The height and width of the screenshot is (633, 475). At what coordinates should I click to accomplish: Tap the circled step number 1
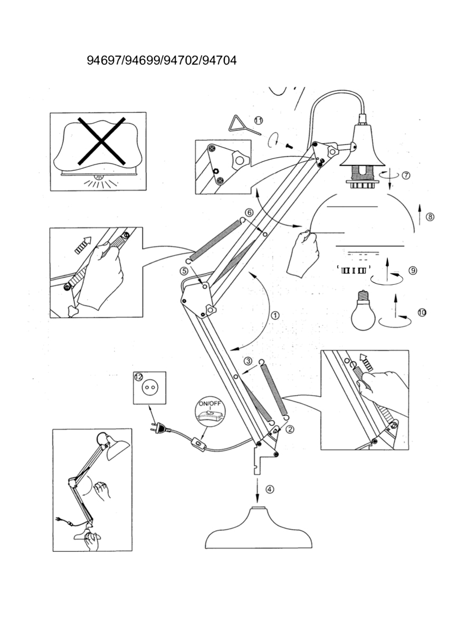pyautogui.click(x=275, y=315)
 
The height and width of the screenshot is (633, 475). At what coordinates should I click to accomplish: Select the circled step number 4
pyautogui.click(x=270, y=488)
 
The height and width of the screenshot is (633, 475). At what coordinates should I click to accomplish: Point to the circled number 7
pyautogui.click(x=406, y=176)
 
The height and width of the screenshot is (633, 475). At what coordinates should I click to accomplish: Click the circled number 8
pyautogui.click(x=430, y=216)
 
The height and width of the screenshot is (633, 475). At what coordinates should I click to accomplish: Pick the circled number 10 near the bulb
pyautogui.click(x=422, y=312)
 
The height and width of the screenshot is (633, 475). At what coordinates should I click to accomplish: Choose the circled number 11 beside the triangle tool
pyautogui.click(x=258, y=120)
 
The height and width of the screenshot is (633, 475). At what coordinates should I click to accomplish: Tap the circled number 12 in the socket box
pyautogui.click(x=138, y=377)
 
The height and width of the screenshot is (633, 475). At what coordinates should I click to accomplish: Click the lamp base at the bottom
pyautogui.click(x=257, y=530)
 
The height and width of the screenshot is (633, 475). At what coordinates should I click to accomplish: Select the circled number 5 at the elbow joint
pyautogui.click(x=184, y=271)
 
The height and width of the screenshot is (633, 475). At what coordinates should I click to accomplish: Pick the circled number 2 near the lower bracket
pyautogui.click(x=290, y=429)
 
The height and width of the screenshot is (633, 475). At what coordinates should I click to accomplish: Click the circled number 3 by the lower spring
pyautogui.click(x=248, y=361)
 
